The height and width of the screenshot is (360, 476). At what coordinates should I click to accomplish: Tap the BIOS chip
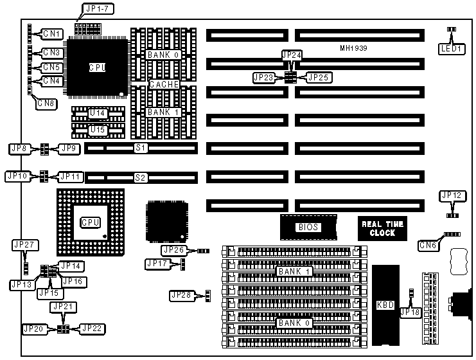click(308, 227)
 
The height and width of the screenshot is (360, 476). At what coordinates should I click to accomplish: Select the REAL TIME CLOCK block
click(382, 228)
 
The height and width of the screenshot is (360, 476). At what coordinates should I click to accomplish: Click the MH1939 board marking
click(354, 48)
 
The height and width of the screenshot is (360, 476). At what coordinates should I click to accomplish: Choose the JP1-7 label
click(94, 10)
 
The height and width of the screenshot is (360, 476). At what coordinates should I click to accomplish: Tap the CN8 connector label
click(45, 102)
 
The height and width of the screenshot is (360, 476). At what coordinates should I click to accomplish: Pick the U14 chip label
click(97, 113)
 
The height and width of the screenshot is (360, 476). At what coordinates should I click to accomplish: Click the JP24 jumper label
click(291, 56)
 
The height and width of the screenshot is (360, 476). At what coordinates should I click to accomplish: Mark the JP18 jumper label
click(409, 312)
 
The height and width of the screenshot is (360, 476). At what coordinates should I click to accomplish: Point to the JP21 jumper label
click(62, 306)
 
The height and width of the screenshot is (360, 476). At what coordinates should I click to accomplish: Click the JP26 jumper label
click(173, 250)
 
